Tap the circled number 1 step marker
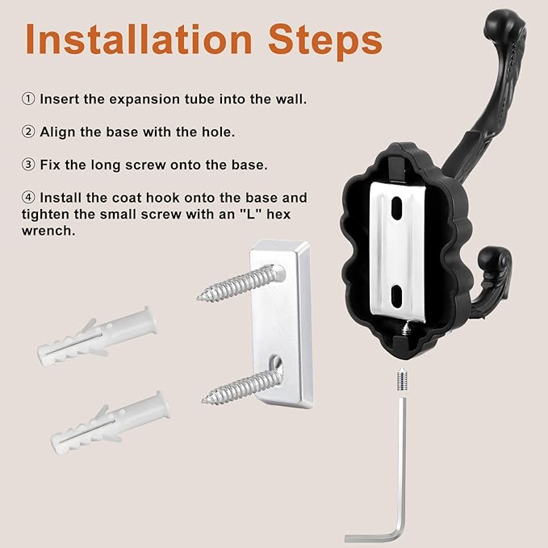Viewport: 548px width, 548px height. tap(27, 99)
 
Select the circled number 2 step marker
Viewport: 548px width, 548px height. tap(27, 132)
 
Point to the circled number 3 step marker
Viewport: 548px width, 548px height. tap(27, 165)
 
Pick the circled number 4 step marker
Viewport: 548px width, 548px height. tap(27, 198)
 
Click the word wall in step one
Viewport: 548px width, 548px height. tap(288, 99)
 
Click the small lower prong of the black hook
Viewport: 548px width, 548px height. tap(492, 262)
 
